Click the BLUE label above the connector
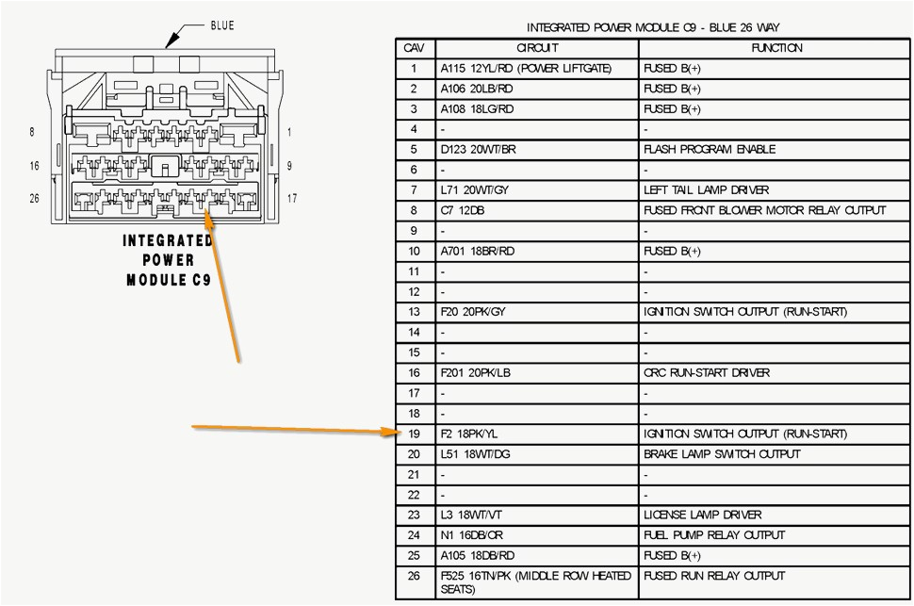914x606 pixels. (221, 25)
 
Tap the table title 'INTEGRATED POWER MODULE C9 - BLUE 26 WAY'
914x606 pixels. (653, 28)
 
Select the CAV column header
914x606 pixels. (414, 48)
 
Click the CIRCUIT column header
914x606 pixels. (537, 48)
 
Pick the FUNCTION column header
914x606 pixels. (776, 48)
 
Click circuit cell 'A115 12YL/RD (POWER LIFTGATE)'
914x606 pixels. (525, 69)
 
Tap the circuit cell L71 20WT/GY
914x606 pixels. (473, 190)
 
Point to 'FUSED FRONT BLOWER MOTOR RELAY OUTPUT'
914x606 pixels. (764, 210)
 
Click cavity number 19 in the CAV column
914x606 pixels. (414, 434)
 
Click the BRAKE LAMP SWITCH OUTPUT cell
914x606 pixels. (722, 454)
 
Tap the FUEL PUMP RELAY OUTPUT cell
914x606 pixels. (713, 535)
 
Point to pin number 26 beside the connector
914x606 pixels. (34, 198)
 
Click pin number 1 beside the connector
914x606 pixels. (289, 133)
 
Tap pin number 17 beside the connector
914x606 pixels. (291, 198)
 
